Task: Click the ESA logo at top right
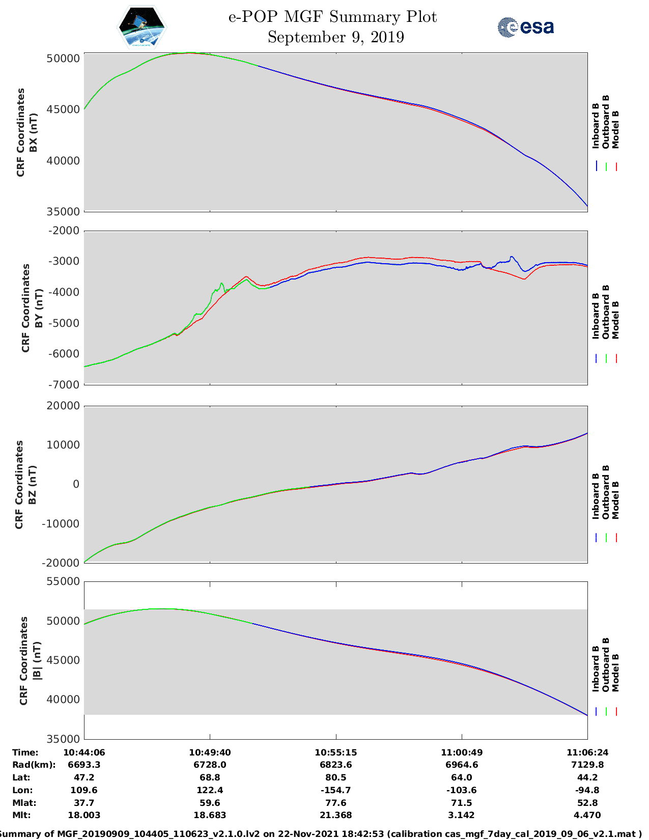(526, 27)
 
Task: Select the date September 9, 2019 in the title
(335, 37)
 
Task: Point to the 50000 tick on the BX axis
(63, 59)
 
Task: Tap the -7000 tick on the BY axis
(64, 384)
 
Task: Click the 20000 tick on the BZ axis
(63, 406)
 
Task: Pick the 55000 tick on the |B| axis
(63, 581)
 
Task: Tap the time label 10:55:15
(335, 752)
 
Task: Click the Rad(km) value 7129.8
(587, 765)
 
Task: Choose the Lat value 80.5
(335, 777)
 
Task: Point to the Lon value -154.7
(335, 790)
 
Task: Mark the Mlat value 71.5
(461, 803)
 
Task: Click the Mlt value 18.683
(210, 815)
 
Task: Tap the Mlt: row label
(21, 815)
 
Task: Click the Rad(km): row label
(34, 765)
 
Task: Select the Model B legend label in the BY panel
(615, 320)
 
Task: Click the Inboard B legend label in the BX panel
(596, 126)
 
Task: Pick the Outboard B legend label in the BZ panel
(606, 492)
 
